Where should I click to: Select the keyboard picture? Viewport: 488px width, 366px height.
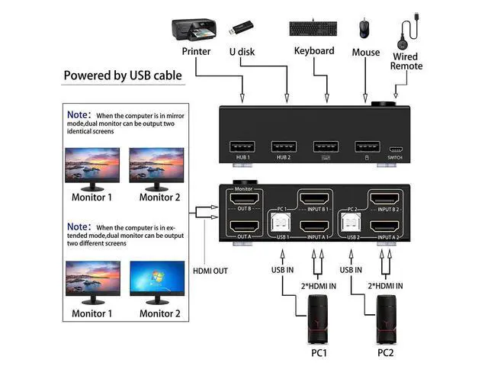tap(313, 29)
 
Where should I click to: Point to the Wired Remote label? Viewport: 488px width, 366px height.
tap(406, 61)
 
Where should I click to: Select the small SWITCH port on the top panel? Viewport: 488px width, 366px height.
tap(396, 149)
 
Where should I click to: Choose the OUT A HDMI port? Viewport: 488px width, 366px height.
tap(243, 226)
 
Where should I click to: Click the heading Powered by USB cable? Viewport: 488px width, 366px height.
tap(122, 75)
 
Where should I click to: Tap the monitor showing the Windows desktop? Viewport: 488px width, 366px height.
tap(159, 282)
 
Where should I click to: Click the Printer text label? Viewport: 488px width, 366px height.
tap(196, 52)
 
